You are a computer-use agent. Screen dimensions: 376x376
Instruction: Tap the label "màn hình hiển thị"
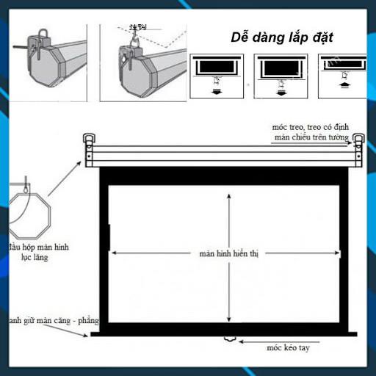point(228,253)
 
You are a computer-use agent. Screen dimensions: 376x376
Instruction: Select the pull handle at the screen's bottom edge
point(228,339)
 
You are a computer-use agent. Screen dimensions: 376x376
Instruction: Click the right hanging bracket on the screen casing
point(358,140)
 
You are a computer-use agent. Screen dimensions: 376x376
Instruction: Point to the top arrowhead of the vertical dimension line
point(228,193)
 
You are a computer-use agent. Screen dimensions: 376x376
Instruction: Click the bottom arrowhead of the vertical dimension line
point(228,320)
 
